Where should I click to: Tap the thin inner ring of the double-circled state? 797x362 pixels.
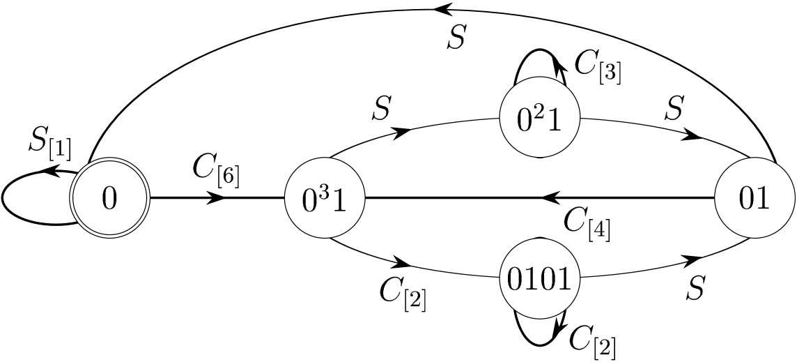[x=110, y=163]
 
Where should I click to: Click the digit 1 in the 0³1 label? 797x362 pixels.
[x=338, y=201]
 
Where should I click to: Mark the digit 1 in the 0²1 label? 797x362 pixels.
[x=553, y=121]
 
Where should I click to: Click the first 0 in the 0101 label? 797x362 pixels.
[x=516, y=280]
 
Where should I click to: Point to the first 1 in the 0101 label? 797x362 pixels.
[x=532, y=280]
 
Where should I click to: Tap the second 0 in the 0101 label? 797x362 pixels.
[x=548, y=280]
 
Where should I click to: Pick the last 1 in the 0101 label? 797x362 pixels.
[x=564, y=280]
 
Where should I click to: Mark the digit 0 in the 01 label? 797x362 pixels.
[x=747, y=199]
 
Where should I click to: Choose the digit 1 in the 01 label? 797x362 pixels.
[x=764, y=199]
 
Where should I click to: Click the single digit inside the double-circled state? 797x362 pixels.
[x=110, y=199]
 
